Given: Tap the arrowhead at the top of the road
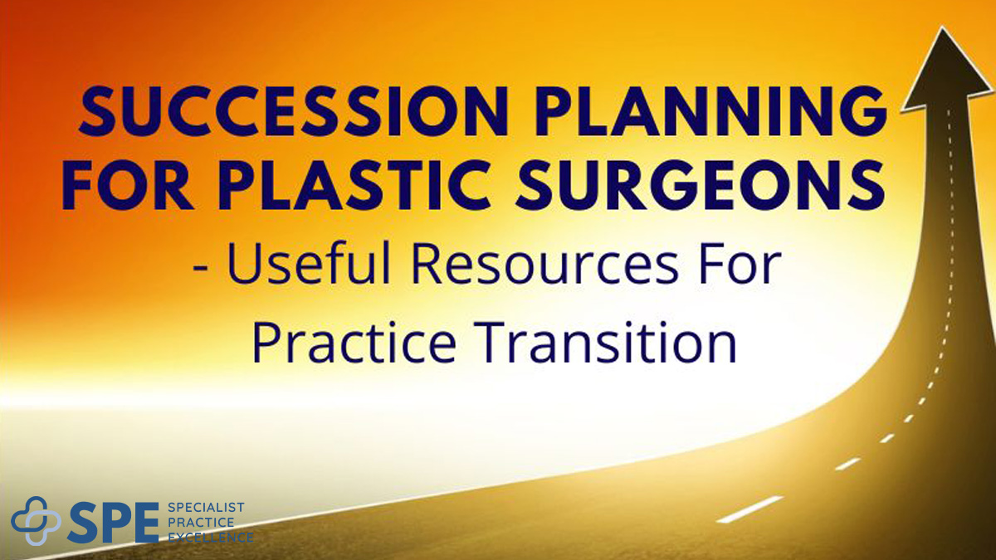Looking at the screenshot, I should tap(947, 71).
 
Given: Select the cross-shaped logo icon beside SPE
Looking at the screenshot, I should tap(36, 521).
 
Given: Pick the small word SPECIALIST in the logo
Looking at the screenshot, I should tap(205, 508).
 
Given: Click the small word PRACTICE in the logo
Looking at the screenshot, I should tap(200, 523).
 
